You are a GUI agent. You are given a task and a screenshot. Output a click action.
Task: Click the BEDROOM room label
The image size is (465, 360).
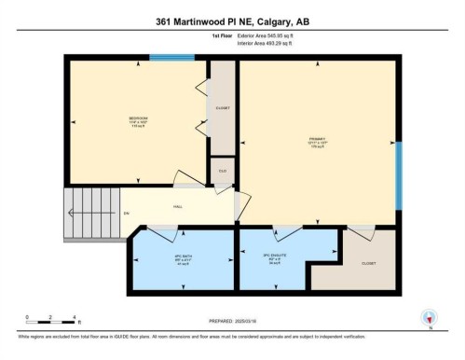[x=139, y=119]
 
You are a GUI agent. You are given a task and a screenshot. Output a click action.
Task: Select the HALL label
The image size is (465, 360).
[x=177, y=208]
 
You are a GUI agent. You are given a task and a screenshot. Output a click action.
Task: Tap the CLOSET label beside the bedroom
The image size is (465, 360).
[x=222, y=108]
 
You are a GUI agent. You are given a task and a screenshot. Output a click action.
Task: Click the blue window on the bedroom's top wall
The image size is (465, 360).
[x=172, y=59]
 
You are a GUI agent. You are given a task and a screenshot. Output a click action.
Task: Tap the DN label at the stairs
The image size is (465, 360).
[x=126, y=214]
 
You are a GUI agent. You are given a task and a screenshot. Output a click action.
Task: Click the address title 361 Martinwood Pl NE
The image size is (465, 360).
[x=233, y=21]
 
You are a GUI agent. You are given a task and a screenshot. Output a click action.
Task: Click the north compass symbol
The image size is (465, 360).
[x=429, y=317]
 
